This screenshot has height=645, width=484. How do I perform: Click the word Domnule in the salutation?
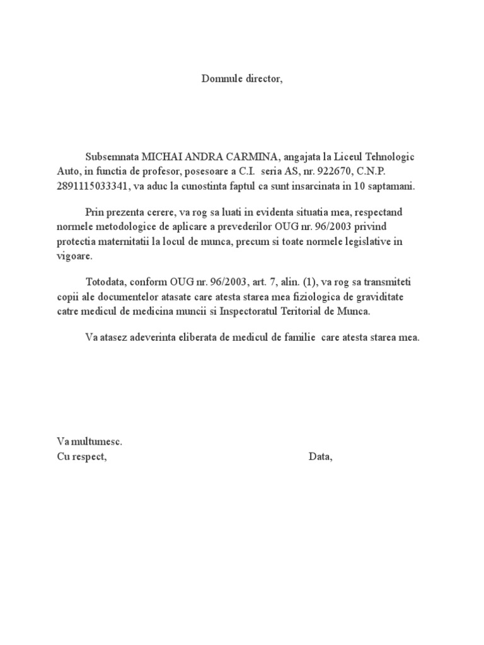217,79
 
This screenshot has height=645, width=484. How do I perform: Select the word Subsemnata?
112,157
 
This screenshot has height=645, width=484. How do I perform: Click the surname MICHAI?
160,157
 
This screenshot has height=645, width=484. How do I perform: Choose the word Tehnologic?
390,157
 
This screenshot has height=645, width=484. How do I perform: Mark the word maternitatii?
120,241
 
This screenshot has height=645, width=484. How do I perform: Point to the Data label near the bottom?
320,457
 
